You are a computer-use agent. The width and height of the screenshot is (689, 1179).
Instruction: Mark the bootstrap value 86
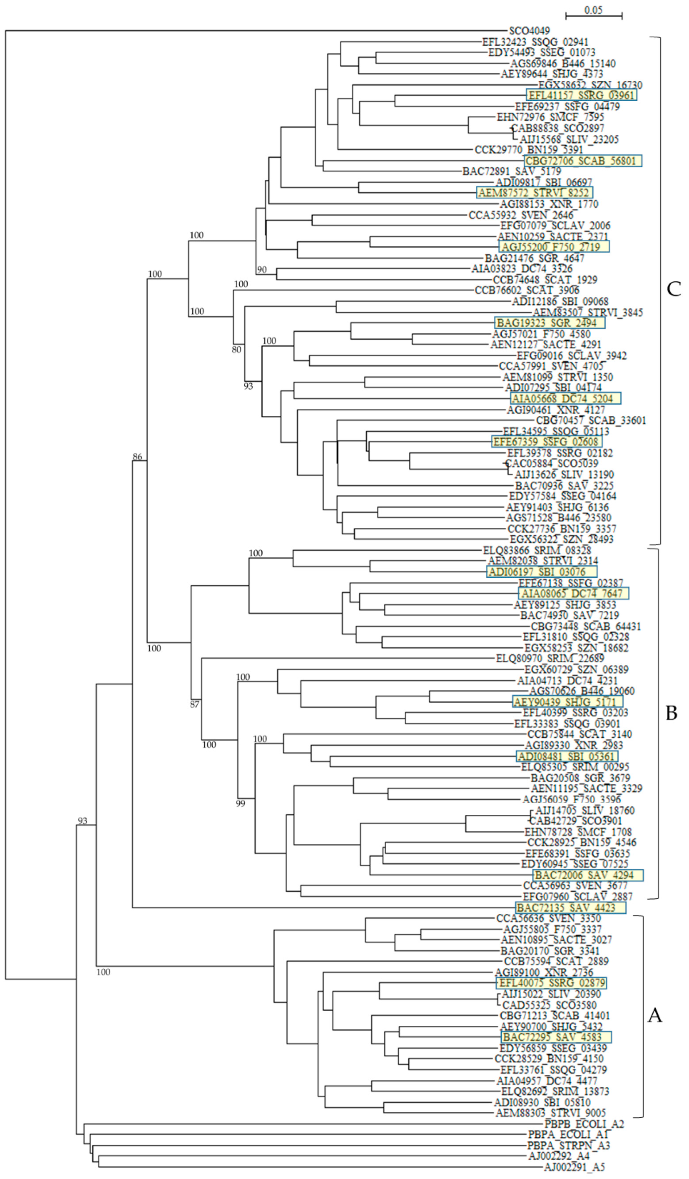[x=137, y=457]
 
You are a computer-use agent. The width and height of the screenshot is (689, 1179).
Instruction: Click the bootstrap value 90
[x=262, y=269]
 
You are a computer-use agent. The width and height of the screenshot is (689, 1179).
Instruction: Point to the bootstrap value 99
[x=240, y=804]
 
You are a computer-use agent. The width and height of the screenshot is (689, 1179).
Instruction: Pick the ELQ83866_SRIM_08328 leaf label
[x=537, y=551]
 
